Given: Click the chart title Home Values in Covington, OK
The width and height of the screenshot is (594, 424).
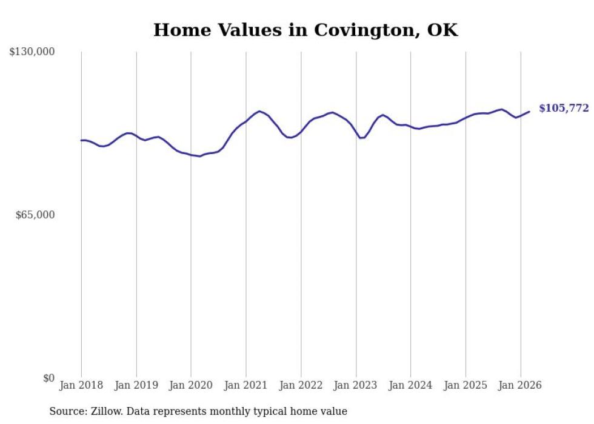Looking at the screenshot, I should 305,30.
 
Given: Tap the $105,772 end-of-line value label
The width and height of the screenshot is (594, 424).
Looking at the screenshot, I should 564,108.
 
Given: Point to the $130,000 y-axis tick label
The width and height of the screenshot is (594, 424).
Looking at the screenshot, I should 32,52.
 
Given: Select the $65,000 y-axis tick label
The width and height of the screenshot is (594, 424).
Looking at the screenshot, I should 35,215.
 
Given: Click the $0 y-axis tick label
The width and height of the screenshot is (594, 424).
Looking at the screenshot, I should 48,378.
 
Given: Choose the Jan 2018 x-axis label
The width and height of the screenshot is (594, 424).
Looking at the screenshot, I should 81,385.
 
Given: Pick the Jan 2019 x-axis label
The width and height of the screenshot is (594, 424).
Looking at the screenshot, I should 136,385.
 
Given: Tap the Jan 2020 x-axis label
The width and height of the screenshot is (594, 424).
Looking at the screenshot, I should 191,385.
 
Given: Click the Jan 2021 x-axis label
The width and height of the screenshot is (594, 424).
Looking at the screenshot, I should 246,385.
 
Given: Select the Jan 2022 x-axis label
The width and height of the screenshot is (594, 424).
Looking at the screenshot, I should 301,385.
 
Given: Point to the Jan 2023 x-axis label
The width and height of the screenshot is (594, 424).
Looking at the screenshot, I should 356,385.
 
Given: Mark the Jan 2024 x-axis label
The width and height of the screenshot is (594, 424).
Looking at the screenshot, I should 410,385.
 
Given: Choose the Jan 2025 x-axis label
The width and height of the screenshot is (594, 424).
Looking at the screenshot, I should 466,385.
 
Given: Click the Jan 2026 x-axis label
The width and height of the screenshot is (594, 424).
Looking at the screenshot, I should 520,385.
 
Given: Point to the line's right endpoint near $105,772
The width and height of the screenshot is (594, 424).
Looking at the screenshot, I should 529,112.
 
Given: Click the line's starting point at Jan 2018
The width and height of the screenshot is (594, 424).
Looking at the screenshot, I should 81,140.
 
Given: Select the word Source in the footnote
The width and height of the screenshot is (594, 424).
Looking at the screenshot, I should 66,411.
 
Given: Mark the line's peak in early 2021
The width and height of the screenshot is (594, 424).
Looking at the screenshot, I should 259,111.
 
